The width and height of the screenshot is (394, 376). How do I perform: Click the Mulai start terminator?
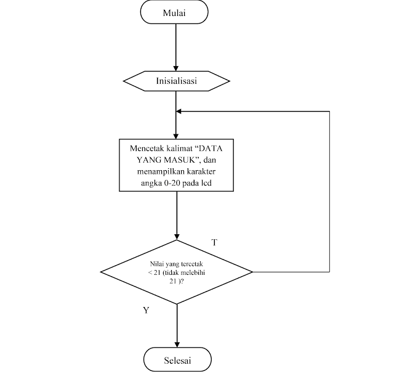tap(174, 13)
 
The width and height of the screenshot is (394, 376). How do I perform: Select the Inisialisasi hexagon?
tap(176, 81)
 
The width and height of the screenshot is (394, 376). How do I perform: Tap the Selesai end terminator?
tap(177, 360)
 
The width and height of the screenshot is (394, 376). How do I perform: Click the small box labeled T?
tap(214, 242)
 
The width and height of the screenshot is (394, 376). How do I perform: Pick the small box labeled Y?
tap(146, 310)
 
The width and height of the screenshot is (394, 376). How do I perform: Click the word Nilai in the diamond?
tap(148, 263)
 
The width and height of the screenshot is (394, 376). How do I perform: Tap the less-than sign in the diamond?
tap(150, 272)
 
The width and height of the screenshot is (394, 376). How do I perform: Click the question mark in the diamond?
tap(182, 281)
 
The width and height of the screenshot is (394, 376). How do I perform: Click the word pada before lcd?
tap(194, 183)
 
